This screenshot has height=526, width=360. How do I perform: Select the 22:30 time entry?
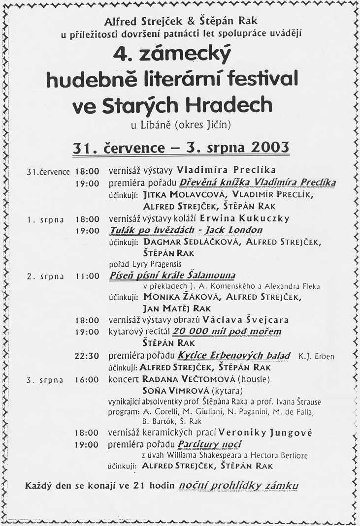click(x=87, y=355)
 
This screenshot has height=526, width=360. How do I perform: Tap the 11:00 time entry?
click(x=87, y=276)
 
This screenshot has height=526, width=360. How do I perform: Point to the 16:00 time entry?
click(x=87, y=379)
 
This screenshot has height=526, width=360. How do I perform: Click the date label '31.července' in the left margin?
click(x=48, y=172)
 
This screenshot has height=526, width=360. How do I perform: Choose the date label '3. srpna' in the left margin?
click(x=45, y=379)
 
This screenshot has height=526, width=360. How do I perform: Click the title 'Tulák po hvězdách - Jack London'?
click(x=186, y=230)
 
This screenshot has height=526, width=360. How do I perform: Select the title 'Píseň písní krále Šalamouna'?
click(x=172, y=276)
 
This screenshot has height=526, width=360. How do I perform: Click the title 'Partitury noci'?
click(x=210, y=445)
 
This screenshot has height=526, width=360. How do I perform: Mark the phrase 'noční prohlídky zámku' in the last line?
click(x=238, y=486)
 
